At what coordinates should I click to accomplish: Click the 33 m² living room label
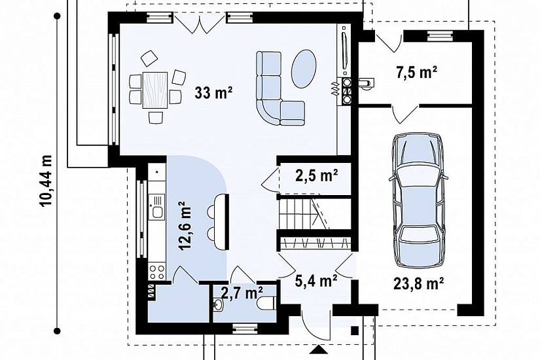tap(213, 92)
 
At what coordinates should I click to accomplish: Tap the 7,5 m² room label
tap(417, 73)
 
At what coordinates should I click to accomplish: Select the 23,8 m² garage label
tap(418, 284)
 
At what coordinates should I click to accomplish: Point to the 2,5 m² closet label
tap(316, 175)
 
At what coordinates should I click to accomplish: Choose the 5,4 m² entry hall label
tap(316, 281)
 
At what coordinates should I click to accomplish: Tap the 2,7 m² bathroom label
tap(242, 293)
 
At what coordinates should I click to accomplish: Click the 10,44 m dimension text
tap(46, 181)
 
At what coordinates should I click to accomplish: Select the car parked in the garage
tap(418, 200)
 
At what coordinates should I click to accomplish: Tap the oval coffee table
tap(304, 69)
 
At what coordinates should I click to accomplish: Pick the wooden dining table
tap(155, 90)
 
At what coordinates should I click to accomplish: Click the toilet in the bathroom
tap(266, 303)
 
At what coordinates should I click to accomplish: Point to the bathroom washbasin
tap(218, 304)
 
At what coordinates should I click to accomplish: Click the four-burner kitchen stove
tap(157, 272)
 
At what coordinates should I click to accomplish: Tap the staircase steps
tap(303, 213)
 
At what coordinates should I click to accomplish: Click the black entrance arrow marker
tap(318, 350)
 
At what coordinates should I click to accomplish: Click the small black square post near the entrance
tap(354, 331)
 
